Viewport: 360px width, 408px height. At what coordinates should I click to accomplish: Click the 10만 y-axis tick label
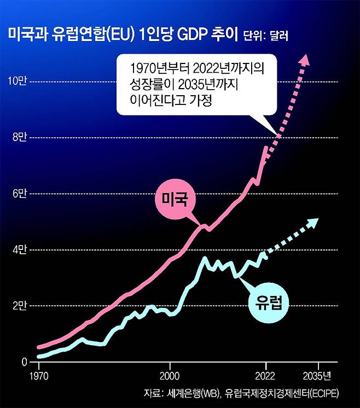[x=16, y=81]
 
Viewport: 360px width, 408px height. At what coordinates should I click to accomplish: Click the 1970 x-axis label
[x=38, y=376]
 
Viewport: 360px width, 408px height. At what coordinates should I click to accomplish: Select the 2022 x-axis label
[x=266, y=376]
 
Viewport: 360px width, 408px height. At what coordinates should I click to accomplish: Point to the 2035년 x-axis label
[x=318, y=376]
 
